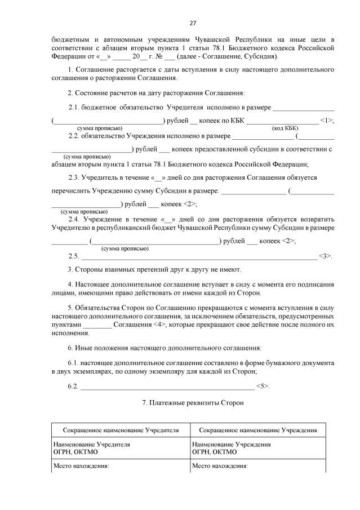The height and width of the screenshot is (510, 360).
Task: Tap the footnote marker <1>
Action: (x=327, y=120)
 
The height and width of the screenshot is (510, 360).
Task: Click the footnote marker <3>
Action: (x=326, y=256)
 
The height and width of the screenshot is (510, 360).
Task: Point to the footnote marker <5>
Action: (x=263, y=386)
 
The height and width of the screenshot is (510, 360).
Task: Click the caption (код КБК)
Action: (x=286, y=128)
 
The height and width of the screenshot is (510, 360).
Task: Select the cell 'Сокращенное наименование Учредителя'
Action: (x=121, y=430)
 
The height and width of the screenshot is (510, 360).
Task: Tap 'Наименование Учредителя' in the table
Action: (x=91, y=444)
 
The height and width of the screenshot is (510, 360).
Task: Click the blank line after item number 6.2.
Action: (x=167, y=388)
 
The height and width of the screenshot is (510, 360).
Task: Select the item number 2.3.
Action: (x=75, y=177)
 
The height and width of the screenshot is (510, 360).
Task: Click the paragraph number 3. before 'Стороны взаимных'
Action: (x=70, y=269)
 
